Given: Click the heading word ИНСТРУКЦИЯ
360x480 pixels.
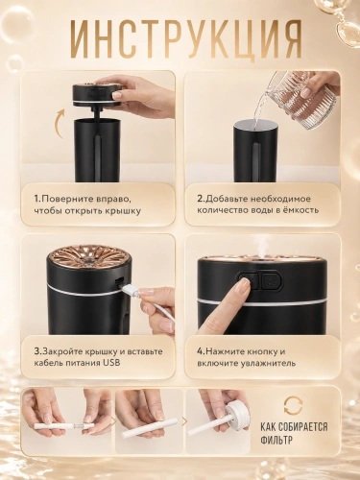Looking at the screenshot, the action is [186, 39].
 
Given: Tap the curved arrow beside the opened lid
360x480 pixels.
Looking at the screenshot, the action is [58, 124].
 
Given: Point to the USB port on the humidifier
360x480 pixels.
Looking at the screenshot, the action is [118, 281].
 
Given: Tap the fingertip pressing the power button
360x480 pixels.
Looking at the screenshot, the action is [243, 284].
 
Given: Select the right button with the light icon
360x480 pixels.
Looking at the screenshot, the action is [271, 280].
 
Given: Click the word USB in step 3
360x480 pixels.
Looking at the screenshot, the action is [111, 363].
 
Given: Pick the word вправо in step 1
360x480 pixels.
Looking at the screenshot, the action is [113, 199].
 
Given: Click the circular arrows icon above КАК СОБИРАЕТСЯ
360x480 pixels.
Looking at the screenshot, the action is [294, 405].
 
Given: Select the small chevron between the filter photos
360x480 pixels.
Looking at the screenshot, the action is [184, 421].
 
